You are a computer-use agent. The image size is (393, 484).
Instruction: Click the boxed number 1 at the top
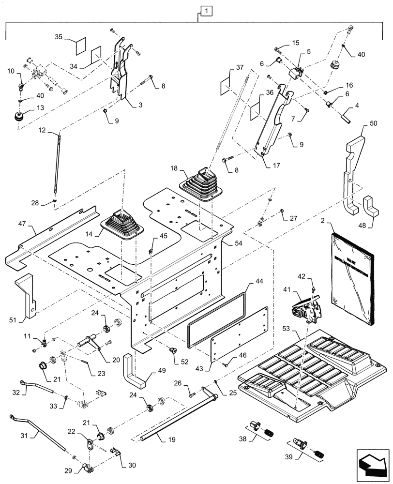(x=206, y=10)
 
